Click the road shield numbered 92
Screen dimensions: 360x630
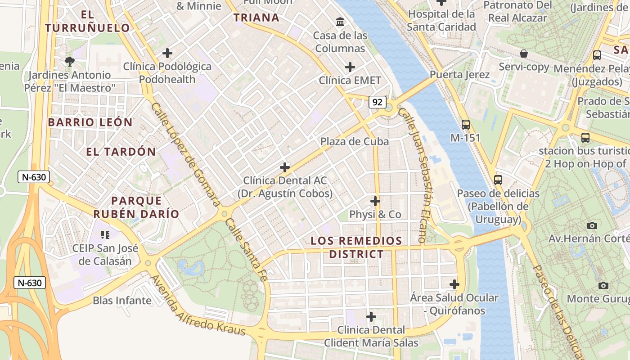coord(377,102)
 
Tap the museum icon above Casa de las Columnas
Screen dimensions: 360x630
coord(340,22)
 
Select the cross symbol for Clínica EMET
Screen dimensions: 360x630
coord(350,67)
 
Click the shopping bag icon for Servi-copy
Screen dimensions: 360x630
coord(523,54)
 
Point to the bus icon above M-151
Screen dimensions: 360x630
coord(465,124)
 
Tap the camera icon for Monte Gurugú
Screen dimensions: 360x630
coord(603,285)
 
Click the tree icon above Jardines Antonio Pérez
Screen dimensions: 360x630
coord(69,61)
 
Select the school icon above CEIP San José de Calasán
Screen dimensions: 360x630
coord(105,234)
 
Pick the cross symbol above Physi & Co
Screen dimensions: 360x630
coord(375,201)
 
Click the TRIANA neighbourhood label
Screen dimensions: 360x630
coord(256,18)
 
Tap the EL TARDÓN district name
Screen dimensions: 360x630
coord(121,152)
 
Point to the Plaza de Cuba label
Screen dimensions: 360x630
coord(355,141)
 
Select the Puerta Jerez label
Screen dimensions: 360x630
coord(459,74)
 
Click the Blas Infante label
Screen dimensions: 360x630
coord(122,300)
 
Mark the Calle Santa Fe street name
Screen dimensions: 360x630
coord(246,250)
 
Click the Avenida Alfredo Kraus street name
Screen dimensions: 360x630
coord(198,305)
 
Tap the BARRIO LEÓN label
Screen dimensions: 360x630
coord(90,122)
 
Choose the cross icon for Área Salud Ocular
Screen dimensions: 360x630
coord(454,284)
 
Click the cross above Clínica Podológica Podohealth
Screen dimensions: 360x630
coord(167,53)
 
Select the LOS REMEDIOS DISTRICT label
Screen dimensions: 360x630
coord(356,247)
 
